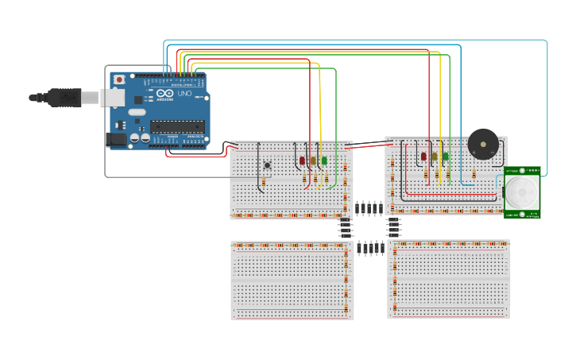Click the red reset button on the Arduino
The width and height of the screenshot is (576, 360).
[119, 79]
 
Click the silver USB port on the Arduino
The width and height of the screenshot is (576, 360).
[111, 98]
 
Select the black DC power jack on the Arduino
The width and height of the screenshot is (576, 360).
[116, 139]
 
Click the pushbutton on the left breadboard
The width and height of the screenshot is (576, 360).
[268, 165]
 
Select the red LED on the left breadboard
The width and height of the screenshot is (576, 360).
[303, 161]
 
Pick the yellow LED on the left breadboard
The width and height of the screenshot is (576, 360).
[313, 161]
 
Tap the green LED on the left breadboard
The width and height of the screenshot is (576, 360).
[323, 161]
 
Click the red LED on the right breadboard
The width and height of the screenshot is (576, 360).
[424, 157]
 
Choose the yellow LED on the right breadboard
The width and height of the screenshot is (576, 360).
[435, 157]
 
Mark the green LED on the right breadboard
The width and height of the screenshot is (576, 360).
[445, 157]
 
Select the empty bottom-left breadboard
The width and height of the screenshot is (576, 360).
[292, 281]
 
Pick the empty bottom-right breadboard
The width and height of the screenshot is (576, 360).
[449, 280]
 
